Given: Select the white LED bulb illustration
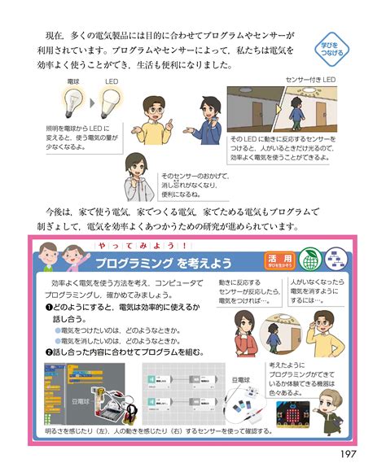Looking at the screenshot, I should (112, 100).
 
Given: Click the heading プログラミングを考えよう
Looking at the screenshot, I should (163, 263).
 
